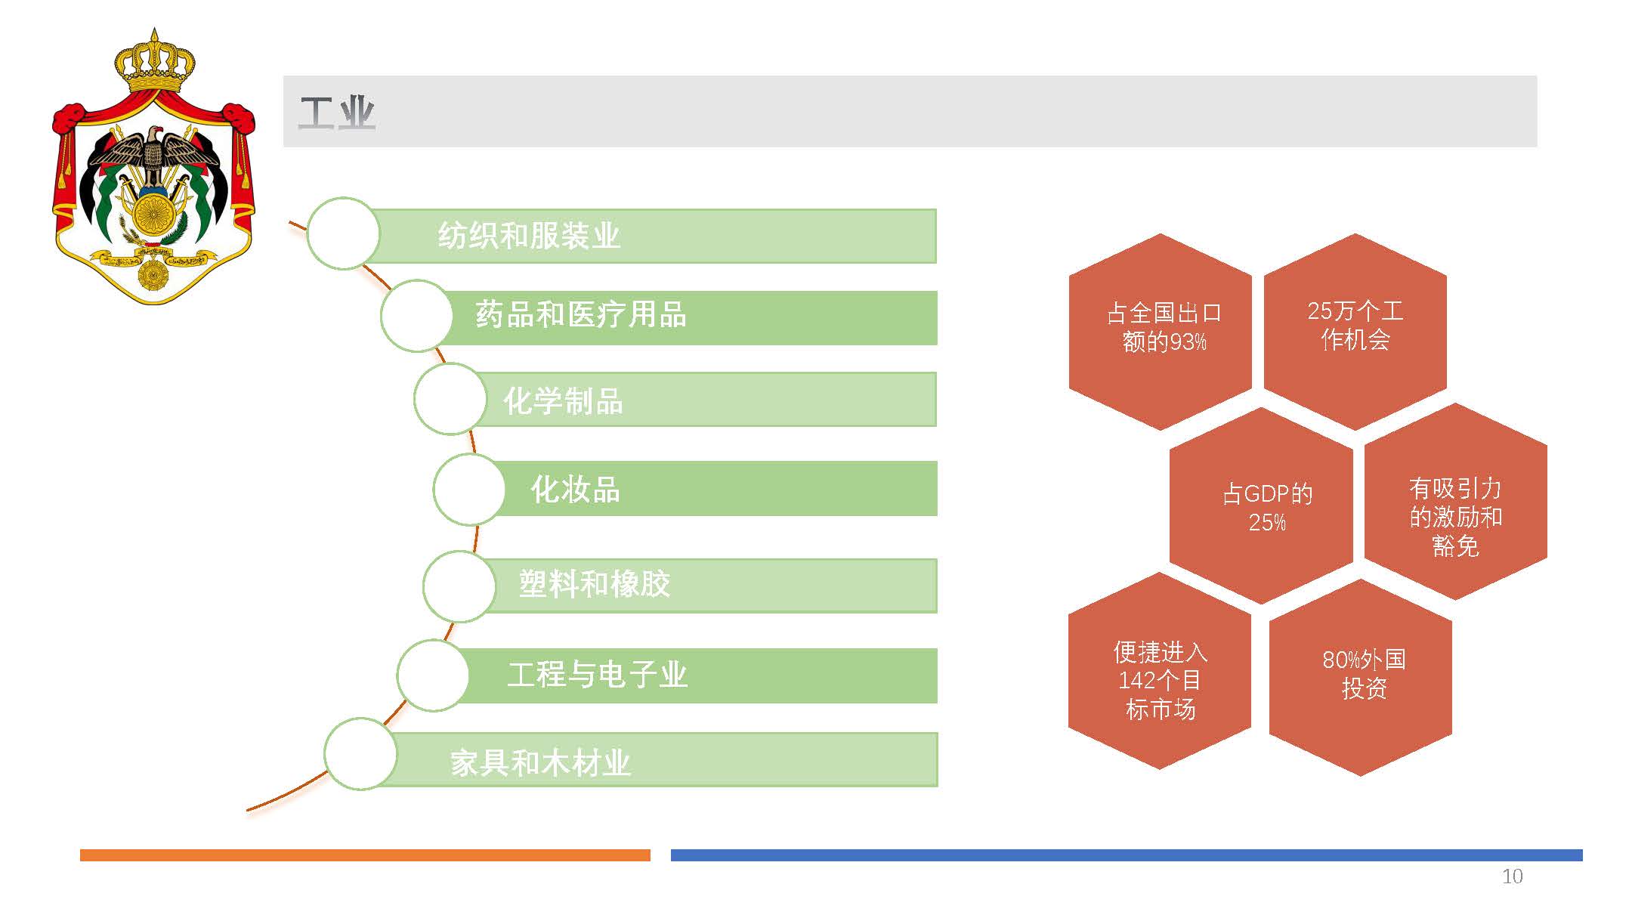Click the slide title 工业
(337, 113)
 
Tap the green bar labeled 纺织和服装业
(650, 236)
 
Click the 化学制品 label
(564, 400)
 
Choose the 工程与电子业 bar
(695, 675)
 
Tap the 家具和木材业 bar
(657, 759)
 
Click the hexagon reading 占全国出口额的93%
(1161, 331)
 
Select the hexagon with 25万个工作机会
(1355, 331)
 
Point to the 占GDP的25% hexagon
(1261, 505)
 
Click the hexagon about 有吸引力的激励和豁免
(1456, 502)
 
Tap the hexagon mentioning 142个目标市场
(1160, 671)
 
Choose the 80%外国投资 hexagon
(1361, 677)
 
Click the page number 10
(1512, 876)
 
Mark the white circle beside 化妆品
(469, 489)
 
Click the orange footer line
(365, 855)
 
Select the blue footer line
(1127, 855)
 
